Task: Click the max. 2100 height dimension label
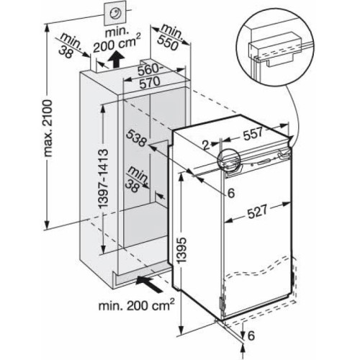tap(48, 128)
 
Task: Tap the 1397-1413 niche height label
tap(103, 179)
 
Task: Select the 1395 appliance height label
tap(182, 250)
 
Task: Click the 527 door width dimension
tap(257, 212)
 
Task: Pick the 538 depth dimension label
tap(136, 138)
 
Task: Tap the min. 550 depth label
tap(171, 37)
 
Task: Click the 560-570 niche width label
tap(149, 76)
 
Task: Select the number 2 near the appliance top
tap(206, 145)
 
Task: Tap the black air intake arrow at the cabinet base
tap(148, 284)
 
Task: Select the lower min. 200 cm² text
tap(136, 305)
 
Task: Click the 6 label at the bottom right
tap(251, 336)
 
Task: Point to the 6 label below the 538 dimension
tap(231, 193)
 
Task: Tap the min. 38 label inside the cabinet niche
tap(136, 179)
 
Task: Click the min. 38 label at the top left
tap(70, 45)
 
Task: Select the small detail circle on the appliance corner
tap(229, 161)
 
